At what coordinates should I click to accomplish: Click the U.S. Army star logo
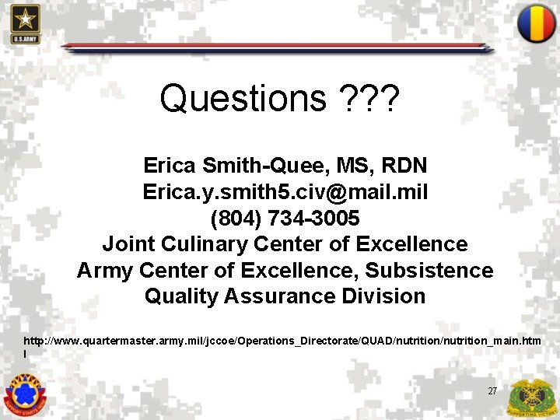tap(25, 23)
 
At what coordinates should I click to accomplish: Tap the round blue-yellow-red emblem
tap(536, 23)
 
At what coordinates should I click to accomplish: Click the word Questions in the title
tap(243, 99)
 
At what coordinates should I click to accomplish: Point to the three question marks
tap(369, 99)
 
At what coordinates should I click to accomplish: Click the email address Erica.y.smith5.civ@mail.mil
tap(285, 191)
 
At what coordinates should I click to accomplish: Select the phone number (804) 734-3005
tap(285, 218)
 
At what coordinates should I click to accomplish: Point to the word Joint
tap(128, 244)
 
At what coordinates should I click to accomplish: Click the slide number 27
tap(492, 390)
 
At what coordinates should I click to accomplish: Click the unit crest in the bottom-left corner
tap(25, 395)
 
